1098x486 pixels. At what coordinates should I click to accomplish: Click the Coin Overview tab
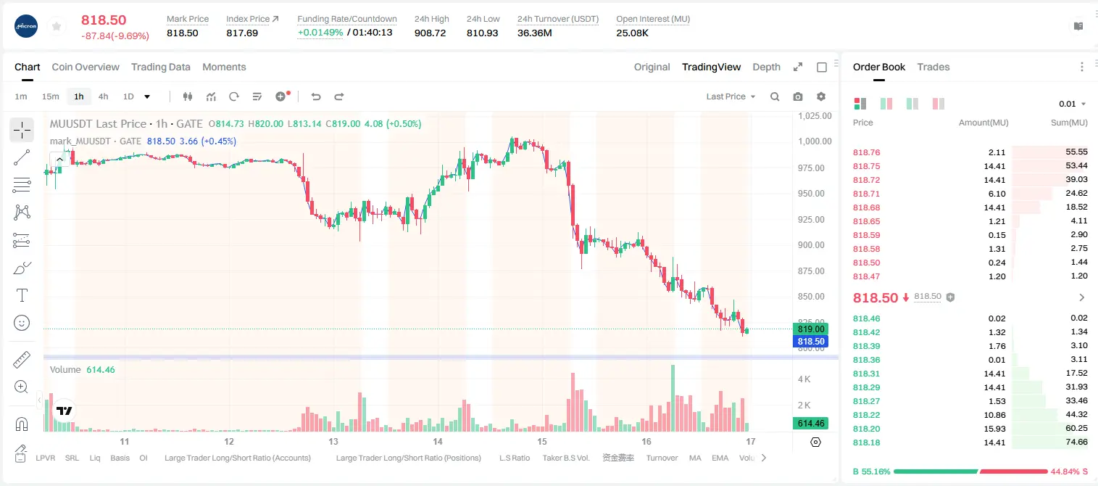point(86,67)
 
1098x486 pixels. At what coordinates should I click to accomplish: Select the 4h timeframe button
point(103,96)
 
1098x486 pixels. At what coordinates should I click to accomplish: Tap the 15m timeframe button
point(51,96)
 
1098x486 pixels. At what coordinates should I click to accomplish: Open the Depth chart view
point(766,67)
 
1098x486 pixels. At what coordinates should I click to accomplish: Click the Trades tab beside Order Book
point(933,67)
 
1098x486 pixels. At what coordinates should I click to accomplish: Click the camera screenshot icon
point(798,96)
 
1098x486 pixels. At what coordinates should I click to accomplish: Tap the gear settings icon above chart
point(821,96)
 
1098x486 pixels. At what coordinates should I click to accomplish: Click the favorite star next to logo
point(57,26)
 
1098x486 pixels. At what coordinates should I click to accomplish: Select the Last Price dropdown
point(731,96)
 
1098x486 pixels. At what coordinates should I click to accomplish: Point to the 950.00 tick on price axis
point(811,193)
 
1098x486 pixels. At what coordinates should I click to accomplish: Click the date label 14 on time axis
point(437,441)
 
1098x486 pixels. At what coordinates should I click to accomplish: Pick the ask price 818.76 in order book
point(866,152)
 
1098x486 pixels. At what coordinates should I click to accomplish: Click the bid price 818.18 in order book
point(866,442)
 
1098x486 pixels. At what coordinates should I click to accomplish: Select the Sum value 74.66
point(1076,442)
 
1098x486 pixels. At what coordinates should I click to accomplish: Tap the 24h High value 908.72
point(430,33)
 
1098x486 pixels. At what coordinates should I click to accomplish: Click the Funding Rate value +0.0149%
point(320,33)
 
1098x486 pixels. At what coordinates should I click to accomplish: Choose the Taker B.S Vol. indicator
point(565,458)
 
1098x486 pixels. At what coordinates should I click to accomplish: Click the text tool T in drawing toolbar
point(22,295)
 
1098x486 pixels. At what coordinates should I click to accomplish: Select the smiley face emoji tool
point(22,323)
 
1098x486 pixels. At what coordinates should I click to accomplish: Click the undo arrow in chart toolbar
point(316,96)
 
